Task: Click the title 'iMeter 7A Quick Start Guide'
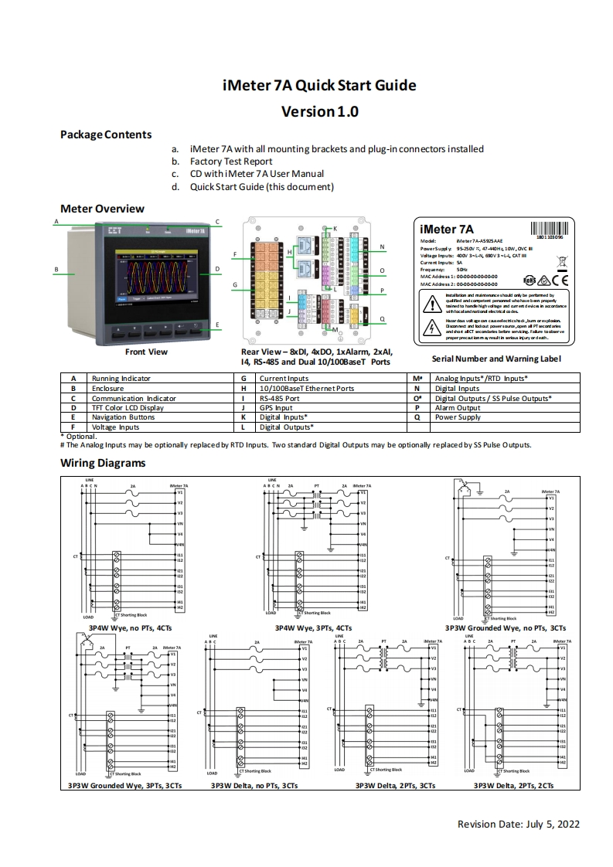tap(319, 85)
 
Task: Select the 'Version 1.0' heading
tap(319, 111)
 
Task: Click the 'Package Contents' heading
tap(106, 134)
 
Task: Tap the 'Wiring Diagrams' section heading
tap(103, 464)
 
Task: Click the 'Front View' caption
tap(146, 352)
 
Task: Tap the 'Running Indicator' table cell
tap(121, 379)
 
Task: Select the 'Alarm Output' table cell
tap(458, 407)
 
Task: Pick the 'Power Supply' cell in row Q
tap(458, 417)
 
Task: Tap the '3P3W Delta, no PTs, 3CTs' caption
tap(254, 785)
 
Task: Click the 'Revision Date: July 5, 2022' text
tap(518, 824)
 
